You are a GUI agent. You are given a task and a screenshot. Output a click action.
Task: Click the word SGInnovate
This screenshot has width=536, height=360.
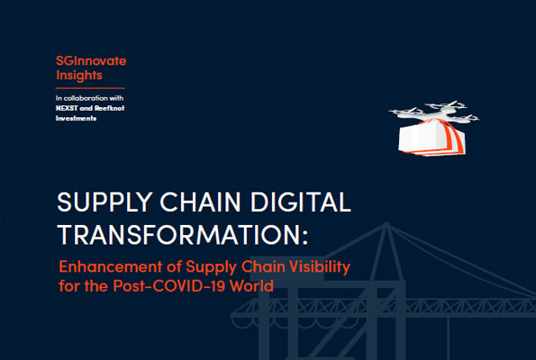pyautogui.click(x=91, y=61)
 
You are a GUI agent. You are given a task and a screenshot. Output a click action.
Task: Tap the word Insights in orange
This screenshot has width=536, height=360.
pyautogui.click(x=79, y=76)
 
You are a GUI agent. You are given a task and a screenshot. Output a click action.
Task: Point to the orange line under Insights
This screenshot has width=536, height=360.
pyautogui.click(x=90, y=88)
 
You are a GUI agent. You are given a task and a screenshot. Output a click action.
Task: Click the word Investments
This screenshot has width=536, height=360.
pyautogui.click(x=76, y=119)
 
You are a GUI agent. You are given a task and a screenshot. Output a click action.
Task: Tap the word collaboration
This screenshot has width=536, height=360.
pyautogui.click(x=86, y=98)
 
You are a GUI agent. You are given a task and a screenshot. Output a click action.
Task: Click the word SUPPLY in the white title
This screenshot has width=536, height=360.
pyautogui.click(x=104, y=202)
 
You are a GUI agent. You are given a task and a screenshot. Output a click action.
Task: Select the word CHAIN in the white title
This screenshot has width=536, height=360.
pyautogui.click(x=200, y=202)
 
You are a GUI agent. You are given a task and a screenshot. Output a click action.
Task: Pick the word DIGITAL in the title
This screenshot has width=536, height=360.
pyautogui.click(x=301, y=202)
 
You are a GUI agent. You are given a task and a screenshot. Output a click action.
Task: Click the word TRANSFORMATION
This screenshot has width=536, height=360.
pyautogui.click(x=178, y=235)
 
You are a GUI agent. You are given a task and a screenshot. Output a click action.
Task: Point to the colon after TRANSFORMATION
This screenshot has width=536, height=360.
pyautogui.click(x=304, y=237)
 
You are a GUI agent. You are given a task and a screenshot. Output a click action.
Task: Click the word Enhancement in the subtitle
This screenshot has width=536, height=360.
pyautogui.click(x=111, y=266)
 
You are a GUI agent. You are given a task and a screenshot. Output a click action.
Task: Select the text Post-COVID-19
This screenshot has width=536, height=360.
pyautogui.click(x=168, y=286)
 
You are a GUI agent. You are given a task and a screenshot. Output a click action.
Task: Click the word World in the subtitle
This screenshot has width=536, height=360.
pyautogui.click(x=251, y=286)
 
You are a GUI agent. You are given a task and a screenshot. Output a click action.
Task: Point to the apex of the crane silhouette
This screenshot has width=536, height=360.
pyautogui.click(x=386, y=223)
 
